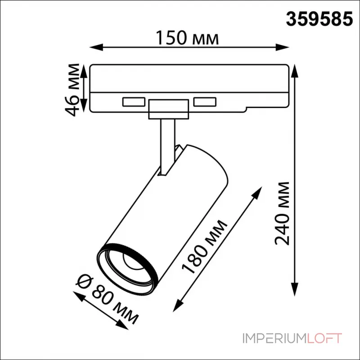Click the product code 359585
[319, 19]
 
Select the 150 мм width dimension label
[187, 38]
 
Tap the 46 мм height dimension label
[72, 90]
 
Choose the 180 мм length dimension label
[205, 247]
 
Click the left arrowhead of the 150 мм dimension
[96, 48]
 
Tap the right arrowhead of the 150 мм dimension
[282, 48]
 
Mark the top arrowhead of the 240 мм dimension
[294, 72]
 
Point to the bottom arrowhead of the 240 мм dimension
[294, 289]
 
